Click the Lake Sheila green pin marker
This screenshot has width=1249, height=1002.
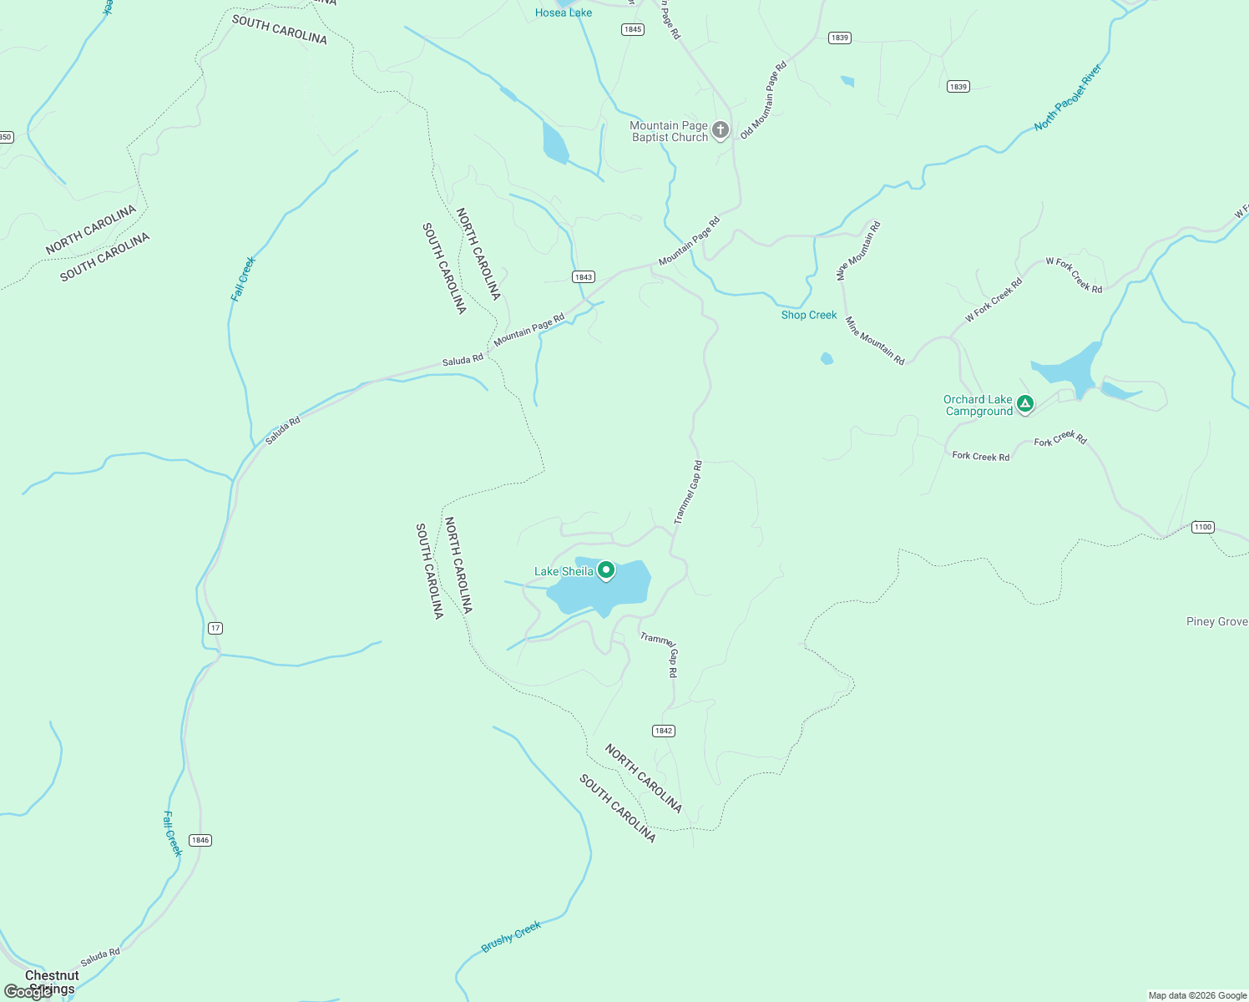click(606, 571)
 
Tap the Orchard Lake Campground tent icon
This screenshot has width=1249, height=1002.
click(1025, 405)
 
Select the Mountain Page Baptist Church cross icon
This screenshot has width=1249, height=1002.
click(721, 130)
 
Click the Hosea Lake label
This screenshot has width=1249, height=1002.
click(564, 13)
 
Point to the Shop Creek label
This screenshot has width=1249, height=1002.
click(809, 315)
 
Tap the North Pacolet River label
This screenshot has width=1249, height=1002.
click(1068, 98)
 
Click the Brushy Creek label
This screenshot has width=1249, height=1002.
click(511, 936)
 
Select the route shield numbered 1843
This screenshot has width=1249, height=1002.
click(584, 277)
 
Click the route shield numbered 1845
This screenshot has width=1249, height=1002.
click(633, 29)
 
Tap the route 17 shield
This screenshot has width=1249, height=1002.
click(215, 628)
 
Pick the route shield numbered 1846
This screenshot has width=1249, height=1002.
click(200, 840)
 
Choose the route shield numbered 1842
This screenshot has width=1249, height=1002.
click(664, 731)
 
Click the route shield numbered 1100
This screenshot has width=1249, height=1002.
click(1202, 527)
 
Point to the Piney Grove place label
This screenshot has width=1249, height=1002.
click(1216, 621)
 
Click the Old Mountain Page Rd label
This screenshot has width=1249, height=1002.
click(763, 99)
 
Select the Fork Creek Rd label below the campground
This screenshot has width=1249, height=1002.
click(981, 456)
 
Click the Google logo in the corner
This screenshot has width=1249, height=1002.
click(27, 992)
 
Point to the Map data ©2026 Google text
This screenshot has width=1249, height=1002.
click(1196, 995)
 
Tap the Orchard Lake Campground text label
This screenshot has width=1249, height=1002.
click(978, 405)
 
